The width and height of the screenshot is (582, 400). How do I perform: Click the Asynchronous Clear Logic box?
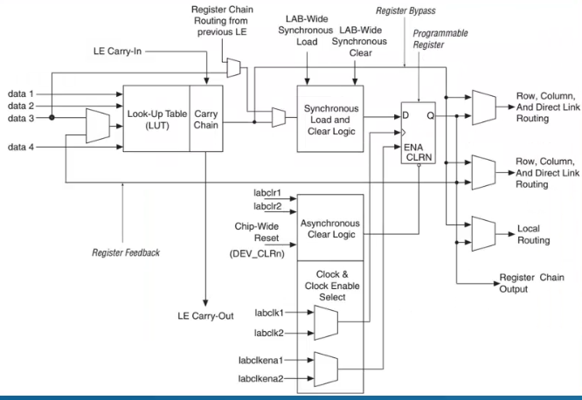[331, 229]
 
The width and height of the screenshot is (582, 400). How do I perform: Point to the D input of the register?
[407, 115]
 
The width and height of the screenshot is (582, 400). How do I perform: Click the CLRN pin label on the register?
[418, 158]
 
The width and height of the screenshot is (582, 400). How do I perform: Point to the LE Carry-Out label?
[206, 314]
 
